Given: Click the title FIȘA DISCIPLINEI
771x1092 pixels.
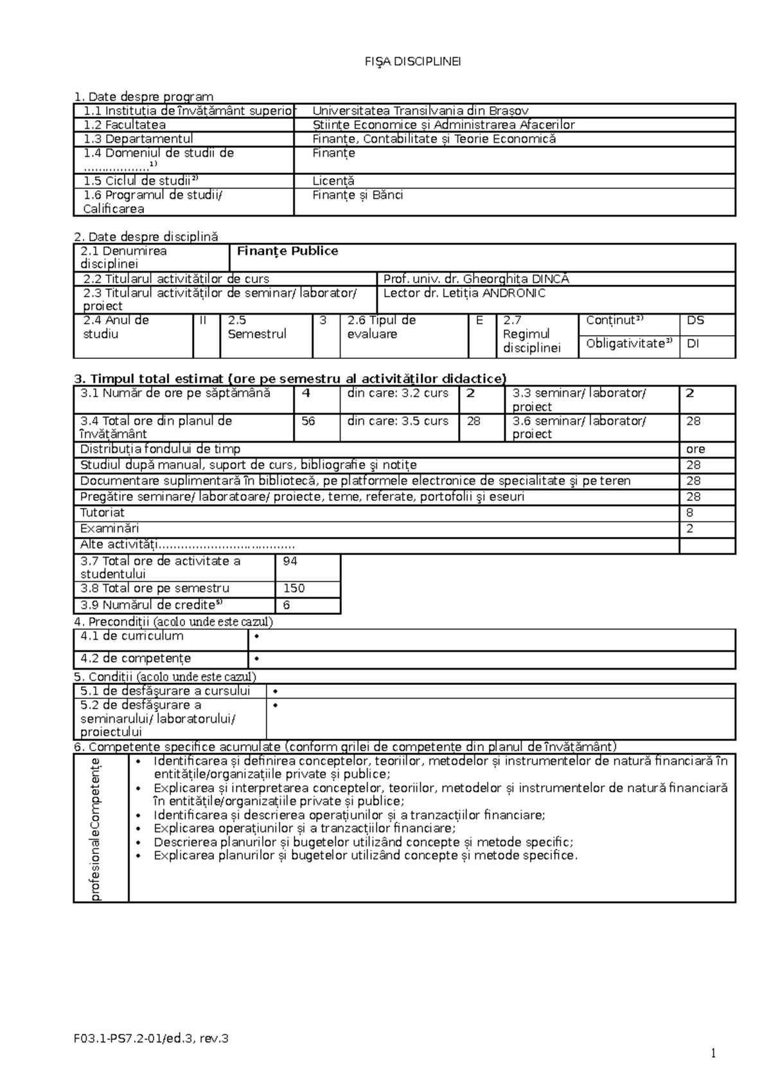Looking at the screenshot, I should pyautogui.click(x=412, y=62).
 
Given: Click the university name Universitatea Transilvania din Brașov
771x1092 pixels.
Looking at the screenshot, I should pyautogui.click(x=420, y=111).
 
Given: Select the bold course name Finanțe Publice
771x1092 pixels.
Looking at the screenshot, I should pyautogui.click(x=287, y=251).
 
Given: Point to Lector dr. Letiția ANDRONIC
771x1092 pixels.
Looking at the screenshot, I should pyautogui.click(x=464, y=293).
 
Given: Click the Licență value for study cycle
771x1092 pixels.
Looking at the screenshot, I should pyautogui.click(x=333, y=181).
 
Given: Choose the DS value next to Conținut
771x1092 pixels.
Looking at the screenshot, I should pyautogui.click(x=695, y=320).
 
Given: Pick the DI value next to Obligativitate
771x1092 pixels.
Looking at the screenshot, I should pyautogui.click(x=693, y=343).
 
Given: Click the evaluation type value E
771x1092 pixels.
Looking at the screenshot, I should pyautogui.click(x=479, y=320).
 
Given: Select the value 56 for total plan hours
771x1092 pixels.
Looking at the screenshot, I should pyautogui.click(x=308, y=421).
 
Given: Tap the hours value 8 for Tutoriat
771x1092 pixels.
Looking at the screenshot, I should pyautogui.click(x=689, y=513).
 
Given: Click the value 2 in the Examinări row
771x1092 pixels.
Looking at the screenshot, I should pyautogui.click(x=689, y=529).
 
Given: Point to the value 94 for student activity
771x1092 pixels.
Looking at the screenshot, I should pyautogui.click(x=290, y=561).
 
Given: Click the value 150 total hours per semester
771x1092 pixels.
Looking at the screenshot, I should pyautogui.click(x=293, y=588).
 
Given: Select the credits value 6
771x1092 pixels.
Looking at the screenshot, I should pyautogui.click(x=287, y=605).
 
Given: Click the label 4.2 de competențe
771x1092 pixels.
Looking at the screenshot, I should pyautogui.click(x=136, y=659).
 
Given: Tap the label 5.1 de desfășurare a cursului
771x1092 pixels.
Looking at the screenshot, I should pyautogui.click(x=164, y=691).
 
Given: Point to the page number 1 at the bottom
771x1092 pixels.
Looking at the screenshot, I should pyautogui.click(x=713, y=1053).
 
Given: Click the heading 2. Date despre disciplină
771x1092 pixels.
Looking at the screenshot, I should pyautogui.click(x=146, y=237).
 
